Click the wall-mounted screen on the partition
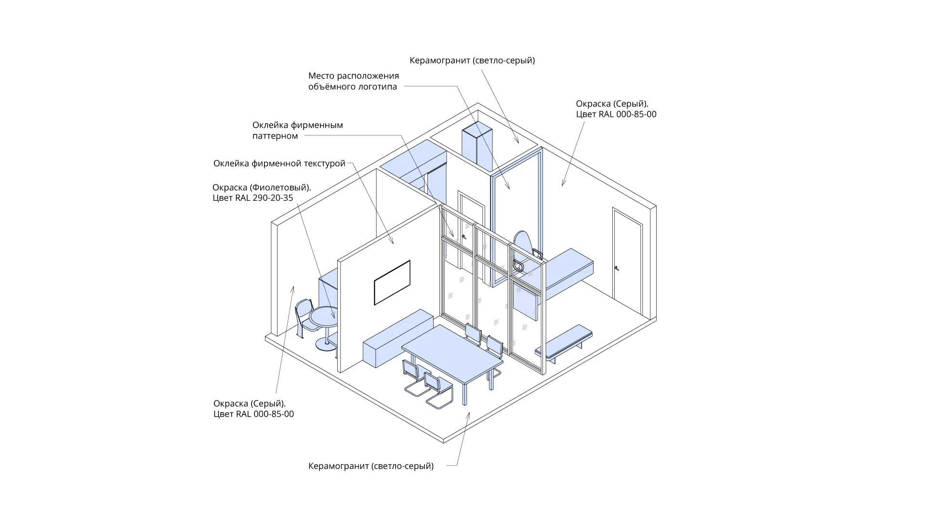[392, 283]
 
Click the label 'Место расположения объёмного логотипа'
[354, 81]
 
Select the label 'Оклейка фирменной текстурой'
[279, 164]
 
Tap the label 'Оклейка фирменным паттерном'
[298, 130]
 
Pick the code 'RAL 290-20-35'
[264, 198]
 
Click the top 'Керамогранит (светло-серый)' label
[472, 61]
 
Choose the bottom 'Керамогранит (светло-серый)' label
[371, 466]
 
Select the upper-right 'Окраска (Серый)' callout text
[616, 109]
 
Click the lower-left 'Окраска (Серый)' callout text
[253, 409]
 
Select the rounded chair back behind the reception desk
[522, 243]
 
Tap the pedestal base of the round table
[326, 343]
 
